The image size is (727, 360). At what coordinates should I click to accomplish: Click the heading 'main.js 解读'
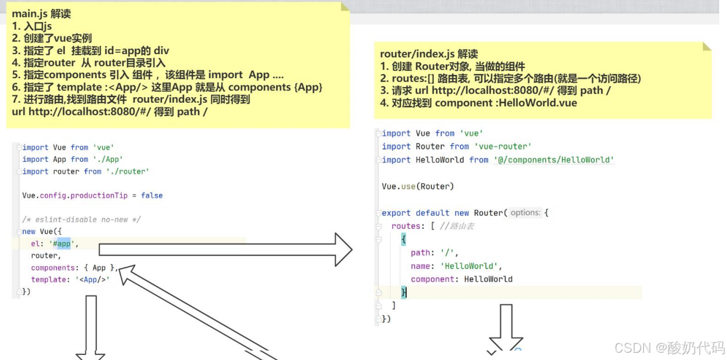(x=41, y=14)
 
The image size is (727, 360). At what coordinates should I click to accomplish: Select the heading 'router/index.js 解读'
(x=429, y=54)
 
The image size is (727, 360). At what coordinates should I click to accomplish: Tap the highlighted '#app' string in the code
(x=64, y=243)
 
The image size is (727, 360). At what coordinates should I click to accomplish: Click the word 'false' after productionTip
(x=152, y=195)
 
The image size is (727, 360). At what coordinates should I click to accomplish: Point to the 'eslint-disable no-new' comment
(x=81, y=219)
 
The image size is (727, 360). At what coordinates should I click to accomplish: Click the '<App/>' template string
(x=93, y=280)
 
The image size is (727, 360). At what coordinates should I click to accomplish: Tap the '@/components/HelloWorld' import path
(x=553, y=160)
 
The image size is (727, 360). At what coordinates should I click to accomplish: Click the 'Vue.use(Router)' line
(x=418, y=186)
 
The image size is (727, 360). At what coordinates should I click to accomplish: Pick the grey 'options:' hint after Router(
(x=525, y=213)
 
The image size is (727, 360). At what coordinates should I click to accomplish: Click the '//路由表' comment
(x=457, y=226)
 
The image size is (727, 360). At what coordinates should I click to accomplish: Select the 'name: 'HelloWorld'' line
(x=452, y=266)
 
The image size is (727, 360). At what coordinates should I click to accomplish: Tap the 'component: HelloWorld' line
(x=461, y=279)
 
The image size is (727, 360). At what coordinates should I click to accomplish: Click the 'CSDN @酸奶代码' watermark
(x=669, y=348)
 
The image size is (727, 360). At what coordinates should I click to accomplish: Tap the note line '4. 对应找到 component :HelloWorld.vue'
(x=478, y=103)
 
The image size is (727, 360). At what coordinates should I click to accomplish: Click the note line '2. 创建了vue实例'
(x=52, y=39)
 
